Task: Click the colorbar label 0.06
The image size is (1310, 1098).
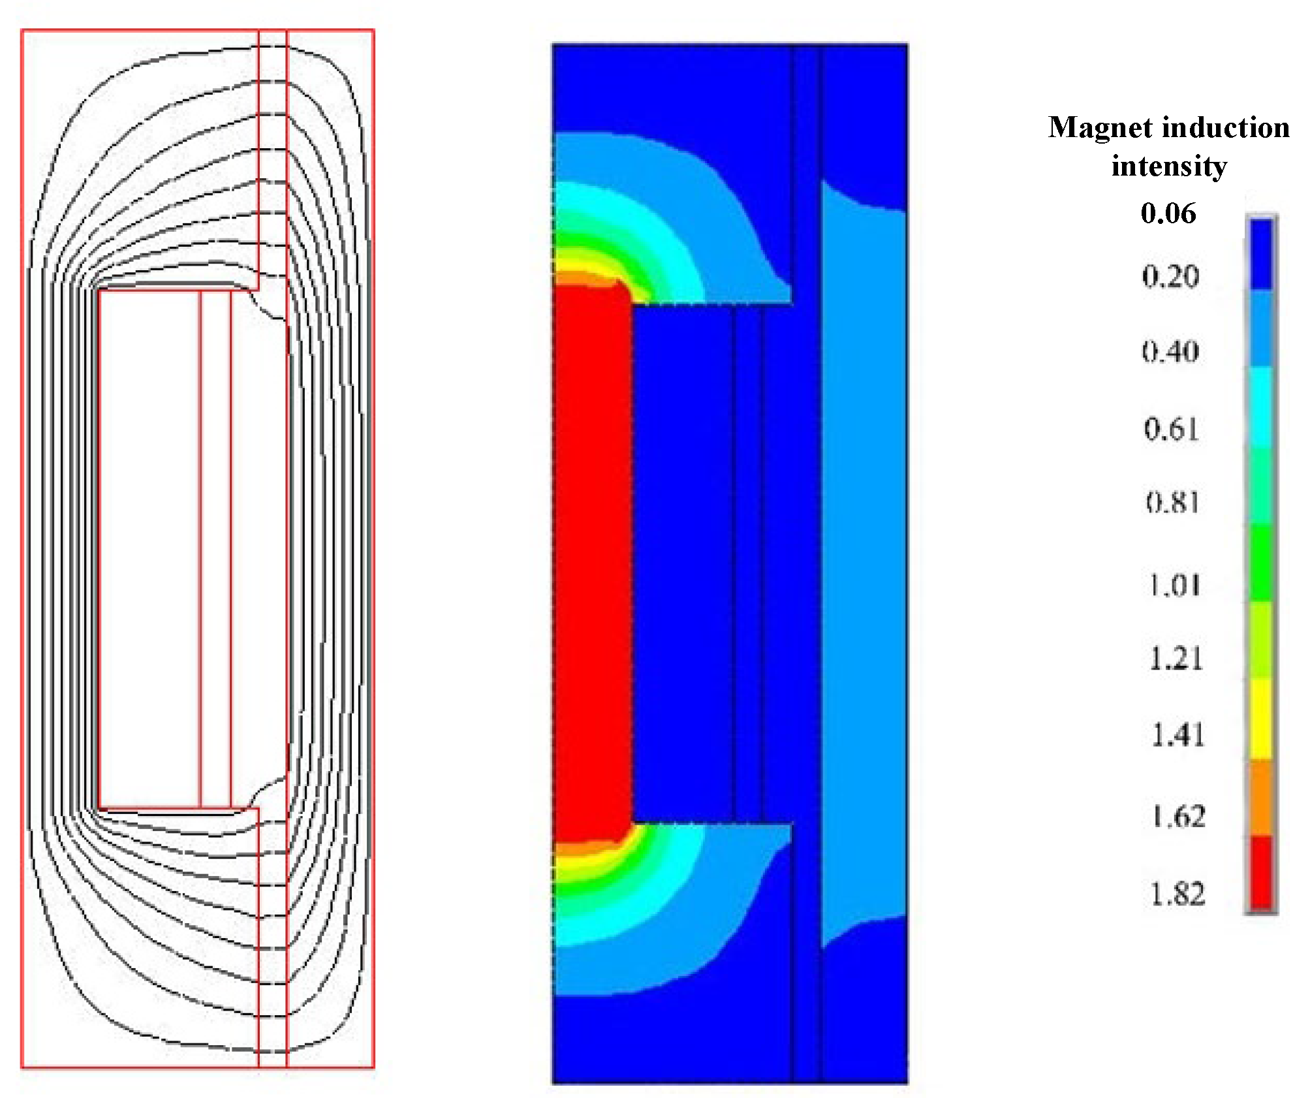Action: click(x=1168, y=213)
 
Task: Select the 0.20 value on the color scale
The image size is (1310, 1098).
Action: click(x=1170, y=276)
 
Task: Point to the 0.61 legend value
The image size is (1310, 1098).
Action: click(x=1172, y=429)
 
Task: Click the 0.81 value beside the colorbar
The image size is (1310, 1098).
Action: click(x=1173, y=503)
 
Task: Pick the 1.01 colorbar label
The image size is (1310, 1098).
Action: click(x=1175, y=585)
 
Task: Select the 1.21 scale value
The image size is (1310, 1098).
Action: click(x=1176, y=658)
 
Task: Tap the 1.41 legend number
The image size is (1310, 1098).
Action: click(x=1177, y=735)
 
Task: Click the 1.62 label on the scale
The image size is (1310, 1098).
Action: click(x=1178, y=817)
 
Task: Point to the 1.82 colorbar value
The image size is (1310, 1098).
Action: click(x=1177, y=894)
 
